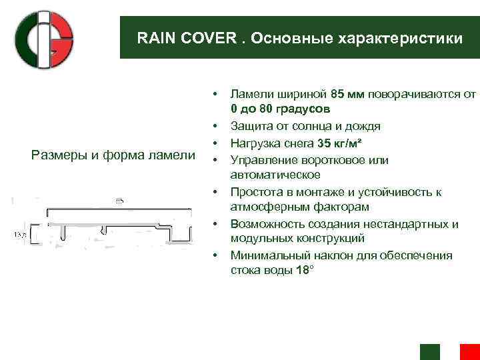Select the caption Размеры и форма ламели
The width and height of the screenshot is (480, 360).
pyautogui.click(x=113, y=156)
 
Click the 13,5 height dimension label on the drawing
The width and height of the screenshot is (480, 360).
pyautogui.click(x=20, y=235)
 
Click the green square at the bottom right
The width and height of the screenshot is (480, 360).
pyautogui.click(x=430, y=351)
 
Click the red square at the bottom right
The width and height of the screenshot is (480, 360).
pyautogui.click(x=469, y=351)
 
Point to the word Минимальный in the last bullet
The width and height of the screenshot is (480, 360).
pyautogui.click(x=265, y=255)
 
